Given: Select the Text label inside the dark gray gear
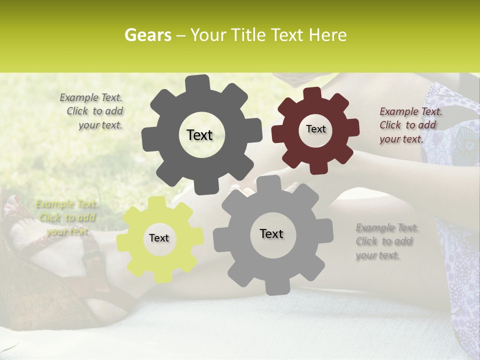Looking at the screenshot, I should point(199,135).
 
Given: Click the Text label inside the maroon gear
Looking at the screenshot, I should point(315,129).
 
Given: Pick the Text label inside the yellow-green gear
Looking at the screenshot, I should point(159,238).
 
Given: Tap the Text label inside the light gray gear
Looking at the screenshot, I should point(271,233).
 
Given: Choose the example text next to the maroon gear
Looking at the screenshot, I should point(410,125).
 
